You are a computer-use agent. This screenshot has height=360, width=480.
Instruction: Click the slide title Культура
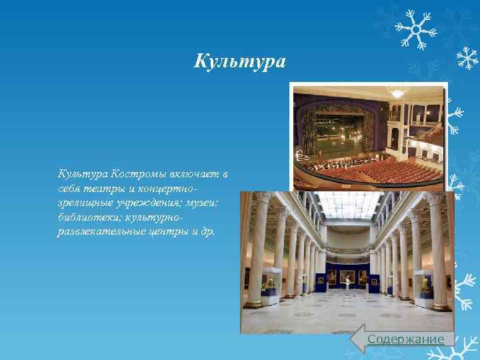239,62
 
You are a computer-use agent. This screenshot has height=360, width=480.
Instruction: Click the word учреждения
149,203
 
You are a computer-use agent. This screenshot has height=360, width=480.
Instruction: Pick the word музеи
207,203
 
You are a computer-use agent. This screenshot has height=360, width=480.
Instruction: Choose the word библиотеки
85,218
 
